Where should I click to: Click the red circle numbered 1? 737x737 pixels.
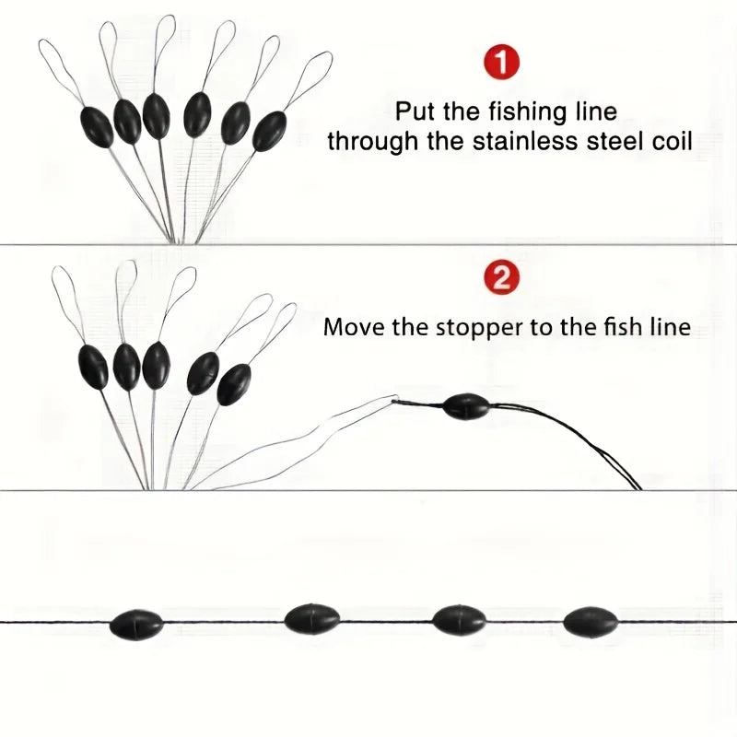(x=501, y=63)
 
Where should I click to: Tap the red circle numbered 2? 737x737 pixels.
(x=502, y=278)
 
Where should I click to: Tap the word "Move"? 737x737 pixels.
(x=355, y=327)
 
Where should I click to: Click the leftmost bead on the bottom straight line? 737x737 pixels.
(x=136, y=625)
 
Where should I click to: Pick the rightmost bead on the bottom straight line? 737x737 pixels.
(x=591, y=621)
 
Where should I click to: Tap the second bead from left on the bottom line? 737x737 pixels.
(x=311, y=619)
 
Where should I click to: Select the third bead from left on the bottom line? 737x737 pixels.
(x=459, y=620)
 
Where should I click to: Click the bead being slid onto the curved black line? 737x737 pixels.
(x=466, y=406)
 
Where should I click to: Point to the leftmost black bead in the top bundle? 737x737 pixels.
(x=98, y=127)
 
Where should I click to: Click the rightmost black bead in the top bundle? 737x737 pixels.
(x=269, y=131)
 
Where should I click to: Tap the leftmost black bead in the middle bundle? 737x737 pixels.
(x=93, y=367)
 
